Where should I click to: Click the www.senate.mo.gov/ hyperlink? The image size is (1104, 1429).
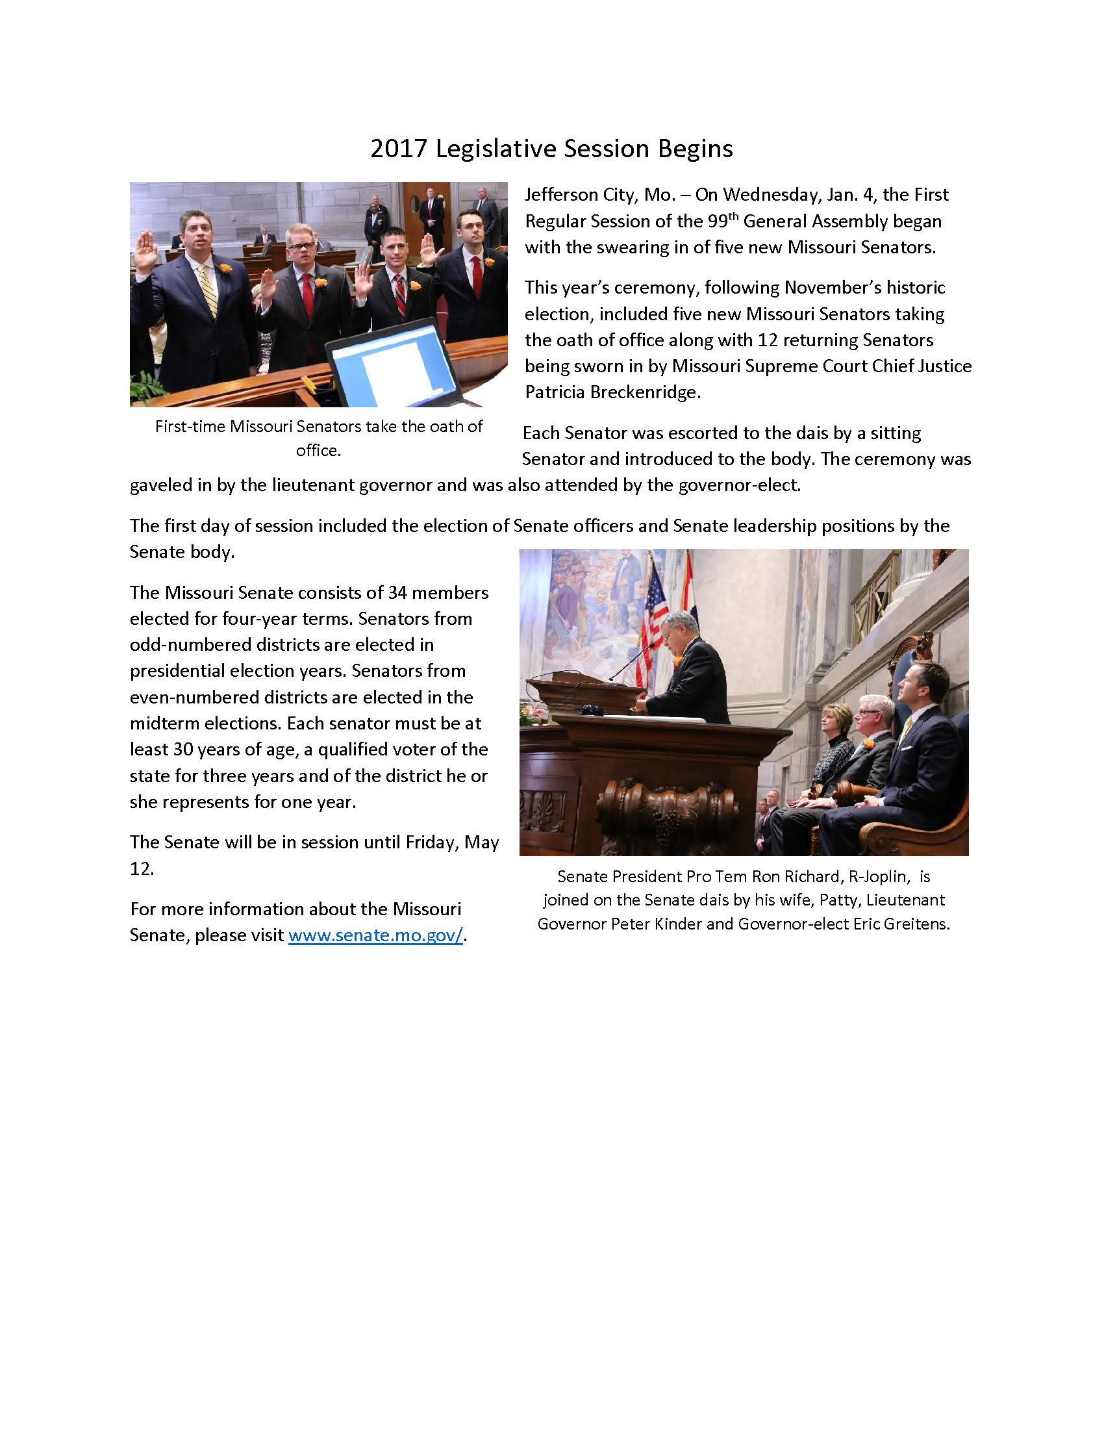375,935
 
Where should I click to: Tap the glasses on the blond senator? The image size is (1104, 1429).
301,247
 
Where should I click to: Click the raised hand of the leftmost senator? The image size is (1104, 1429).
145,252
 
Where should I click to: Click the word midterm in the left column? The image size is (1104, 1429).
166,724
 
